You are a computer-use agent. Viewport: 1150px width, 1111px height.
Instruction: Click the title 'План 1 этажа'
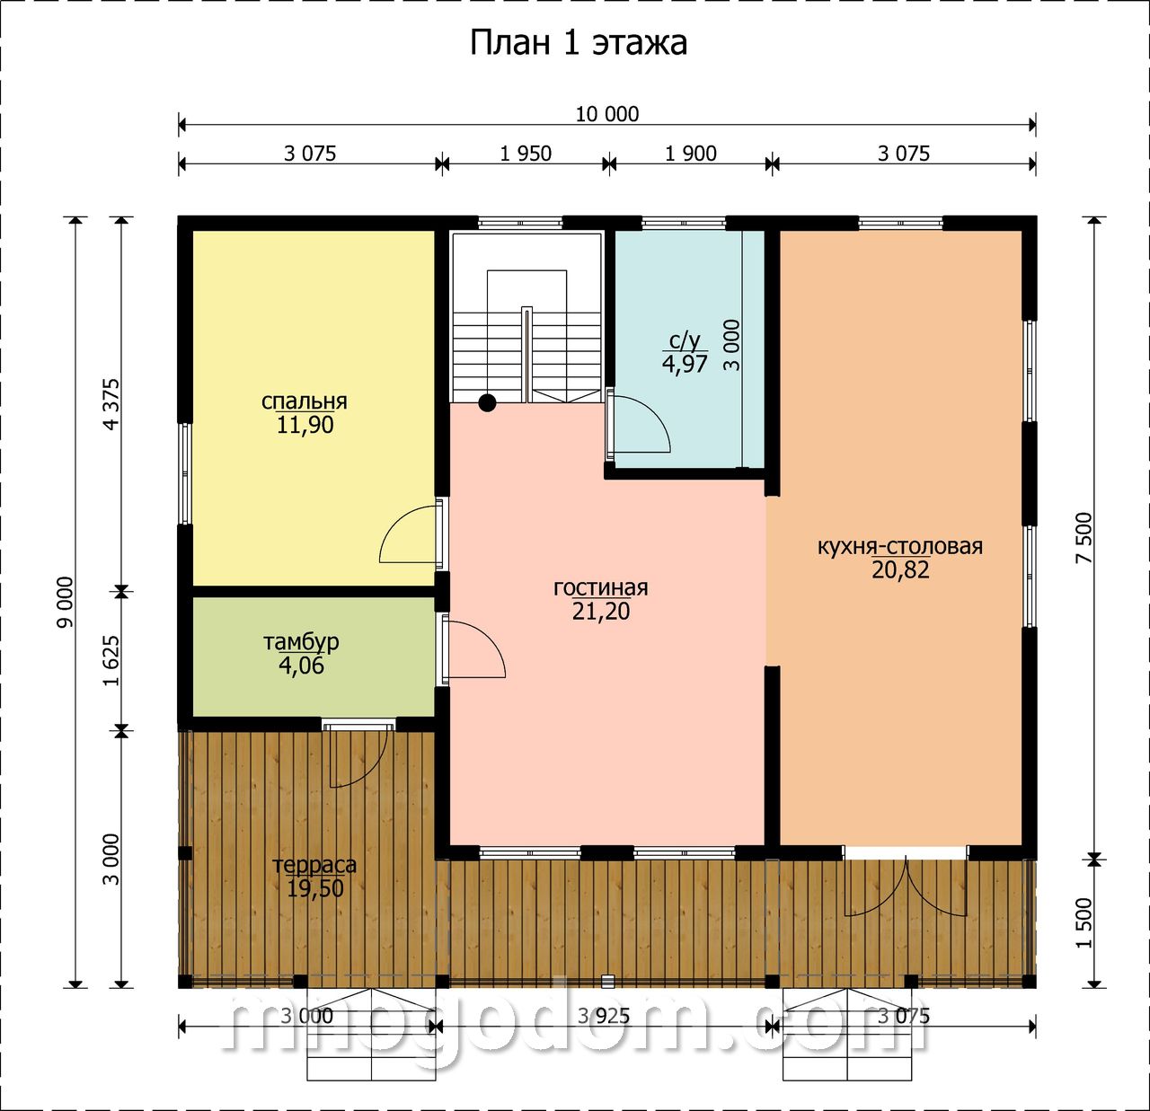pos(578,44)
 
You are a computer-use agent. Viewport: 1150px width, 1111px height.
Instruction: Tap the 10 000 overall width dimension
pos(607,114)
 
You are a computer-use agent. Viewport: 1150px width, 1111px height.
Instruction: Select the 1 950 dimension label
pos(526,154)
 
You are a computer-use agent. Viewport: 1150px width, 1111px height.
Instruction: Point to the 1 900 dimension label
pos(690,154)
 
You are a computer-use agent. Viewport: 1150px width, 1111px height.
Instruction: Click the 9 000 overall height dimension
pos(66,603)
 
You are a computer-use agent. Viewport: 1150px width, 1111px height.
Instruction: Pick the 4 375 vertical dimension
pos(111,404)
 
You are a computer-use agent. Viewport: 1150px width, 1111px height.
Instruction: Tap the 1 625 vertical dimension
pos(111,660)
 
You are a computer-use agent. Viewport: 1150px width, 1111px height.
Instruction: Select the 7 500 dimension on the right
pos(1084,537)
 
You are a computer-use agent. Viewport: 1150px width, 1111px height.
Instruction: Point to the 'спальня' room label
pos(305,401)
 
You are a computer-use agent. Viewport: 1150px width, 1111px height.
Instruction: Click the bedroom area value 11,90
pos(305,425)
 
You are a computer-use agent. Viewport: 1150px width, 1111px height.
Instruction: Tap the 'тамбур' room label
pos(301,641)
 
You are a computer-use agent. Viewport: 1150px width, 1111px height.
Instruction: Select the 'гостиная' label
pos(600,587)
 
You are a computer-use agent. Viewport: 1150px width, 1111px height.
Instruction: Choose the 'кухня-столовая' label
pos(900,546)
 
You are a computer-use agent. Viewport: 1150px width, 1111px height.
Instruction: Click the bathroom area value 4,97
pos(685,364)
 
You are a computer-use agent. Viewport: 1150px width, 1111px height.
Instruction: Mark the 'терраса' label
pos(314,866)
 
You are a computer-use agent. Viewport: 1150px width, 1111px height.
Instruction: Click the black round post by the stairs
pos(487,403)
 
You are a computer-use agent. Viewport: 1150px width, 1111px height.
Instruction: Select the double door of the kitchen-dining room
pos(906,883)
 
